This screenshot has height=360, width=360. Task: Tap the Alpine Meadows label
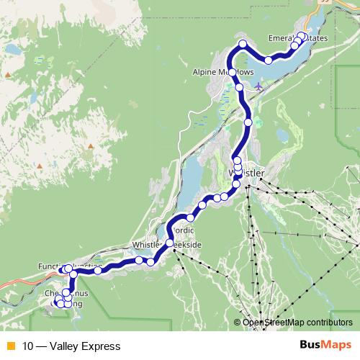click(222, 73)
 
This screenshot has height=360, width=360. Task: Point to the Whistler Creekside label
click(167, 246)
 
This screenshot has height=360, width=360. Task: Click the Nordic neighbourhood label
click(184, 231)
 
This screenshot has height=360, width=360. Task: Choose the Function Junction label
click(70, 267)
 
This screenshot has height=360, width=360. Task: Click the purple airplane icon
click(258, 86)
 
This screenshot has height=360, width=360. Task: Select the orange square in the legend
click(10, 346)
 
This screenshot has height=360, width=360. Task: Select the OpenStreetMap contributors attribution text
click(297, 323)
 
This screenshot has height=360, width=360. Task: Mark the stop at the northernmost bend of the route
click(243, 45)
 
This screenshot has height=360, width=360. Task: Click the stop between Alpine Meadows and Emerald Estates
click(268, 59)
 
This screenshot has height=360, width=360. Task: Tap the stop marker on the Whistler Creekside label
click(170, 243)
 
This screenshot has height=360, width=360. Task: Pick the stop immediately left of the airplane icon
click(240, 87)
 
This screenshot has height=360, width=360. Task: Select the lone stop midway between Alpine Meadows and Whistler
click(248, 122)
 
